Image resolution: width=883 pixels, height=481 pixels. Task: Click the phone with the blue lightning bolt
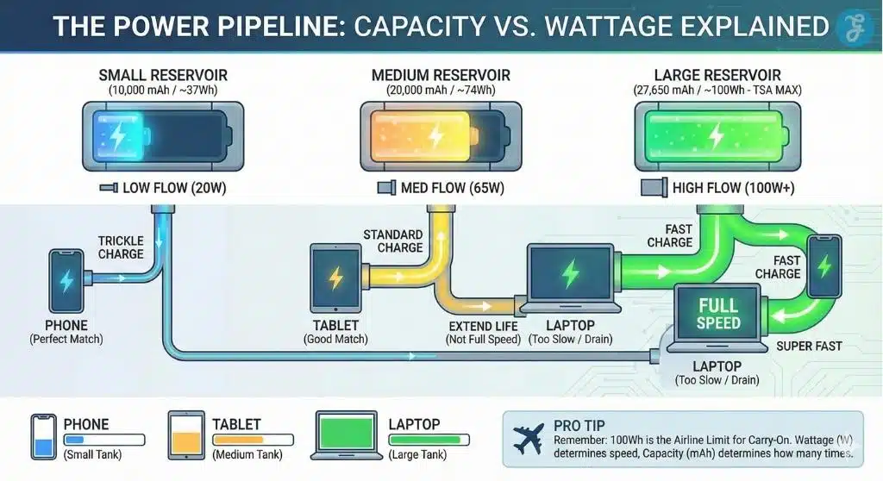click(x=66, y=280)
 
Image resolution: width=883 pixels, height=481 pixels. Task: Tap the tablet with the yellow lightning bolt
click(x=335, y=277)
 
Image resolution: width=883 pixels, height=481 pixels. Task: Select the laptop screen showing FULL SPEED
click(x=718, y=315)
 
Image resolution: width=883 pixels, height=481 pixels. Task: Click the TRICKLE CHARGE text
click(x=121, y=247)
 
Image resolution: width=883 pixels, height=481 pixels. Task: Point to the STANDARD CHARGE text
click(x=393, y=240)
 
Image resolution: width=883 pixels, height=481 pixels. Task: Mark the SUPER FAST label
click(x=809, y=347)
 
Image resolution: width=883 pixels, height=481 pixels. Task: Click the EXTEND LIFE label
click(x=483, y=326)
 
